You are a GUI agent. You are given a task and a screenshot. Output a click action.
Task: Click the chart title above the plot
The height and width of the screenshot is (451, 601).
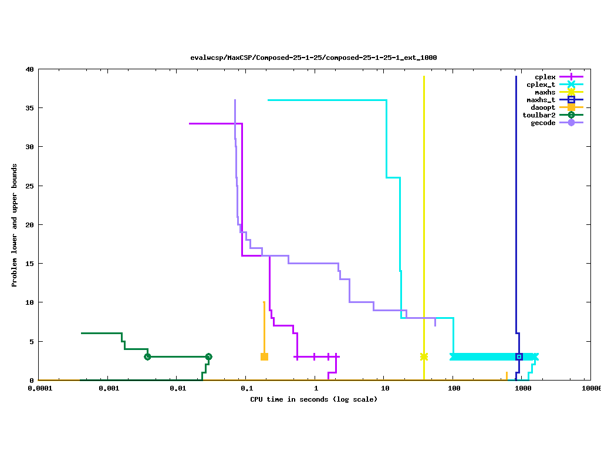pos(313,58)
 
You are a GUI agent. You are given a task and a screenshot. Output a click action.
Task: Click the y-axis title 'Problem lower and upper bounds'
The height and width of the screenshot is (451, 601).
pos(14,225)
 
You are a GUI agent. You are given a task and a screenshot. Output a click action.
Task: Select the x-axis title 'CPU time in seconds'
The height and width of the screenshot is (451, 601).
pos(313,399)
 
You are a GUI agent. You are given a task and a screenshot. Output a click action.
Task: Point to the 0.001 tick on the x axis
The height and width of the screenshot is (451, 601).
pos(108,388)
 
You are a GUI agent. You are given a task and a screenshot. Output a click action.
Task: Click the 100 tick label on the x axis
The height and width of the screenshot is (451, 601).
pos(453,388)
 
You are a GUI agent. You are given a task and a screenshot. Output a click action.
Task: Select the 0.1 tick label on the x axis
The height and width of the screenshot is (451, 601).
pos(247,388)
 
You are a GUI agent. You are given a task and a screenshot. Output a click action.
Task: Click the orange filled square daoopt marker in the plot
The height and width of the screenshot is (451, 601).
pos(264,356)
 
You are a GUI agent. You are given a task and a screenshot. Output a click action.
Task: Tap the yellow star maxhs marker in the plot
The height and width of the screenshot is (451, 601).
pos(424,356)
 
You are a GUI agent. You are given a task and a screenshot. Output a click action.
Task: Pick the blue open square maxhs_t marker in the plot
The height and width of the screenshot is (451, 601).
pos(519,356)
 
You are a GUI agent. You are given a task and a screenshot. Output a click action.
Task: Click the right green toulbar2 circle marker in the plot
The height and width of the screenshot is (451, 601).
pos(208,356)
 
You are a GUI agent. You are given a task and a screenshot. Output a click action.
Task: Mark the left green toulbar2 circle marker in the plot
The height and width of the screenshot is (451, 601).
pos(147,356)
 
